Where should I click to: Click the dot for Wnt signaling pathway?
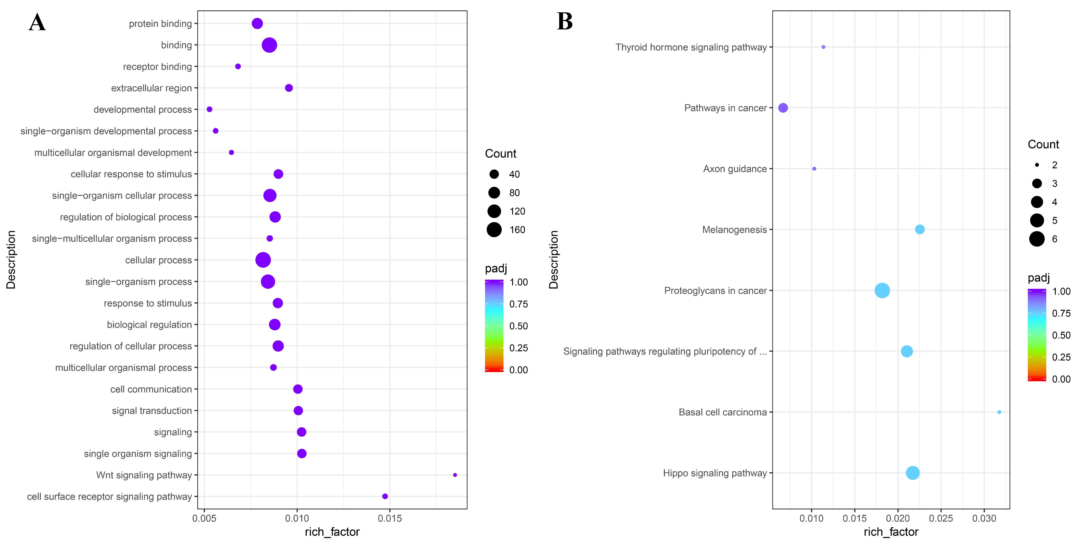[455, 475]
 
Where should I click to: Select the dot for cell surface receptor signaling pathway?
[385, 496]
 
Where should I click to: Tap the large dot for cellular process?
[263, 260]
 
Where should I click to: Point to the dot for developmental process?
[209, 109]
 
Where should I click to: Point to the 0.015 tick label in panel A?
[390, 518]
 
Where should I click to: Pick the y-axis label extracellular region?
[151, 88]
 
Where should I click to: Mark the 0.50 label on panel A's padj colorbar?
[518, 326]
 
